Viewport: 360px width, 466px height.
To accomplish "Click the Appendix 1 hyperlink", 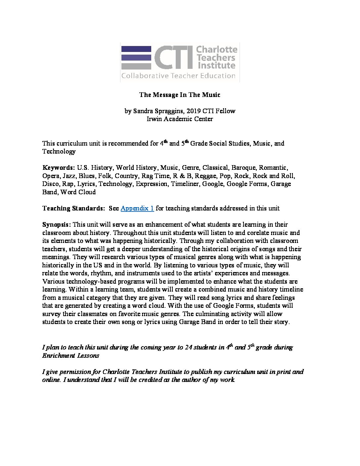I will (x=137, y=208).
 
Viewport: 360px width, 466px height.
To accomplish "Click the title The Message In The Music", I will (x=180, y=95).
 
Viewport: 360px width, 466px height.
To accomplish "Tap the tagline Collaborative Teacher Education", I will (x=178, y=76).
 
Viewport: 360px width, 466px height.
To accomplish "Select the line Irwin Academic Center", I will (x=180, y=119).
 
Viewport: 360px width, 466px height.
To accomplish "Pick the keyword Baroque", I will (x=244, y=168).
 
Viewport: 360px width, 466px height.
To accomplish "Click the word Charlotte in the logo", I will (x=217, y=50).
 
